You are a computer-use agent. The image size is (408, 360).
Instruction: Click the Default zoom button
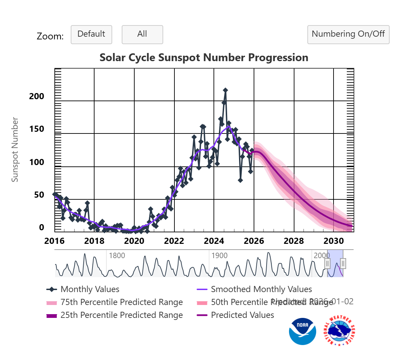point(91,34)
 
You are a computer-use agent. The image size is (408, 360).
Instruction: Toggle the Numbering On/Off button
point(348,34)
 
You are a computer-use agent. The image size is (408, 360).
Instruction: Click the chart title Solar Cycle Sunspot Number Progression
point(204,57)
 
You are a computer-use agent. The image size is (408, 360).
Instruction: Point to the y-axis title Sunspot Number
point(15,149)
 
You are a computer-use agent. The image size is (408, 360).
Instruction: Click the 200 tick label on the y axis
point(37,96)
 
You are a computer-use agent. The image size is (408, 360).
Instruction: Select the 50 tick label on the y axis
point(39,195)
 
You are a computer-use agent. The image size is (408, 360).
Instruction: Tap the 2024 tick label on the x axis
point(214,241)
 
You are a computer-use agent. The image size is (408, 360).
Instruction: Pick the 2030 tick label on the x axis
point(334,241)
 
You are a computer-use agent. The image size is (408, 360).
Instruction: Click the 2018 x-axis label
point(94,241)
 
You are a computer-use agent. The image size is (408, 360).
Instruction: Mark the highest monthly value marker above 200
point(225,90)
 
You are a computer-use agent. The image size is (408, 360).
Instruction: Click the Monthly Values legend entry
point(90,289)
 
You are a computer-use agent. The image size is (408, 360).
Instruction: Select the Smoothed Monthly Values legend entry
point(261,289)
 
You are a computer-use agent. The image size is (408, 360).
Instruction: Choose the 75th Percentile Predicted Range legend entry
point(121,302)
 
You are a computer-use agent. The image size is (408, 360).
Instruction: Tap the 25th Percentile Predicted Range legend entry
point(121,315)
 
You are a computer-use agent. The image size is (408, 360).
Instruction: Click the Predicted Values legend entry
point(242,315)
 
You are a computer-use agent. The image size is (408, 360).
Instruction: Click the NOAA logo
point(302,331)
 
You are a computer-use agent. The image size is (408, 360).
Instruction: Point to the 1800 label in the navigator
point(117,256)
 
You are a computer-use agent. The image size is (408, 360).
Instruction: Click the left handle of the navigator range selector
point(327,264)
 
